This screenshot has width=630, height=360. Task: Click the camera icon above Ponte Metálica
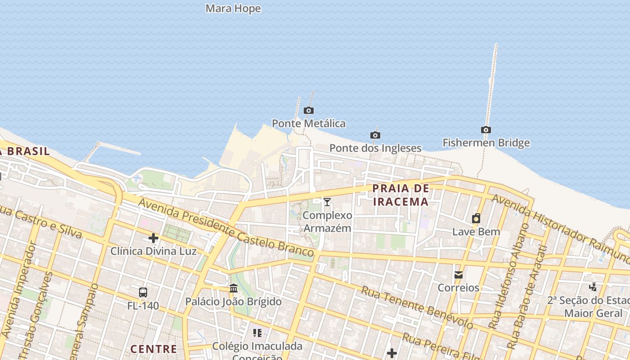[x=308, y=110]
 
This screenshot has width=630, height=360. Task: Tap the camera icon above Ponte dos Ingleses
[x=375, y=135]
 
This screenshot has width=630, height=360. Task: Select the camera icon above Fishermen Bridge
[x=486, y=130]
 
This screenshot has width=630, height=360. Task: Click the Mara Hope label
[x=233, y=9]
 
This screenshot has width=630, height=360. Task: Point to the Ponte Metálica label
[x=309, y=123]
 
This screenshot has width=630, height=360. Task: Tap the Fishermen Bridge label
[x=486, y=143]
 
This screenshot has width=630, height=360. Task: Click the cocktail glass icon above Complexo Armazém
[x=327, y=202]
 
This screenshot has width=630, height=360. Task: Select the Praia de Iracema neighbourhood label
[x=401, y=195]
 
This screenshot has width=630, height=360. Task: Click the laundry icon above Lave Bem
[x=476, y=219]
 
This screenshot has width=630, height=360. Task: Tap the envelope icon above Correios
[x=459, y=274]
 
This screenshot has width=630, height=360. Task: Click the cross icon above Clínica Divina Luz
[x=153, y=238]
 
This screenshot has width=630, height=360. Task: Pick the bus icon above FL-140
[x=143, y=292]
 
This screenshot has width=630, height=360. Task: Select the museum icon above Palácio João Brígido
[x=234, y=288]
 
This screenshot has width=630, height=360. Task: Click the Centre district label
[x=153, y=349]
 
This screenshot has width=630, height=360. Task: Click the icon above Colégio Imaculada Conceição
[x=257, y=333]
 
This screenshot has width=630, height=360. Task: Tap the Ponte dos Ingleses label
[x=375, y=148]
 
